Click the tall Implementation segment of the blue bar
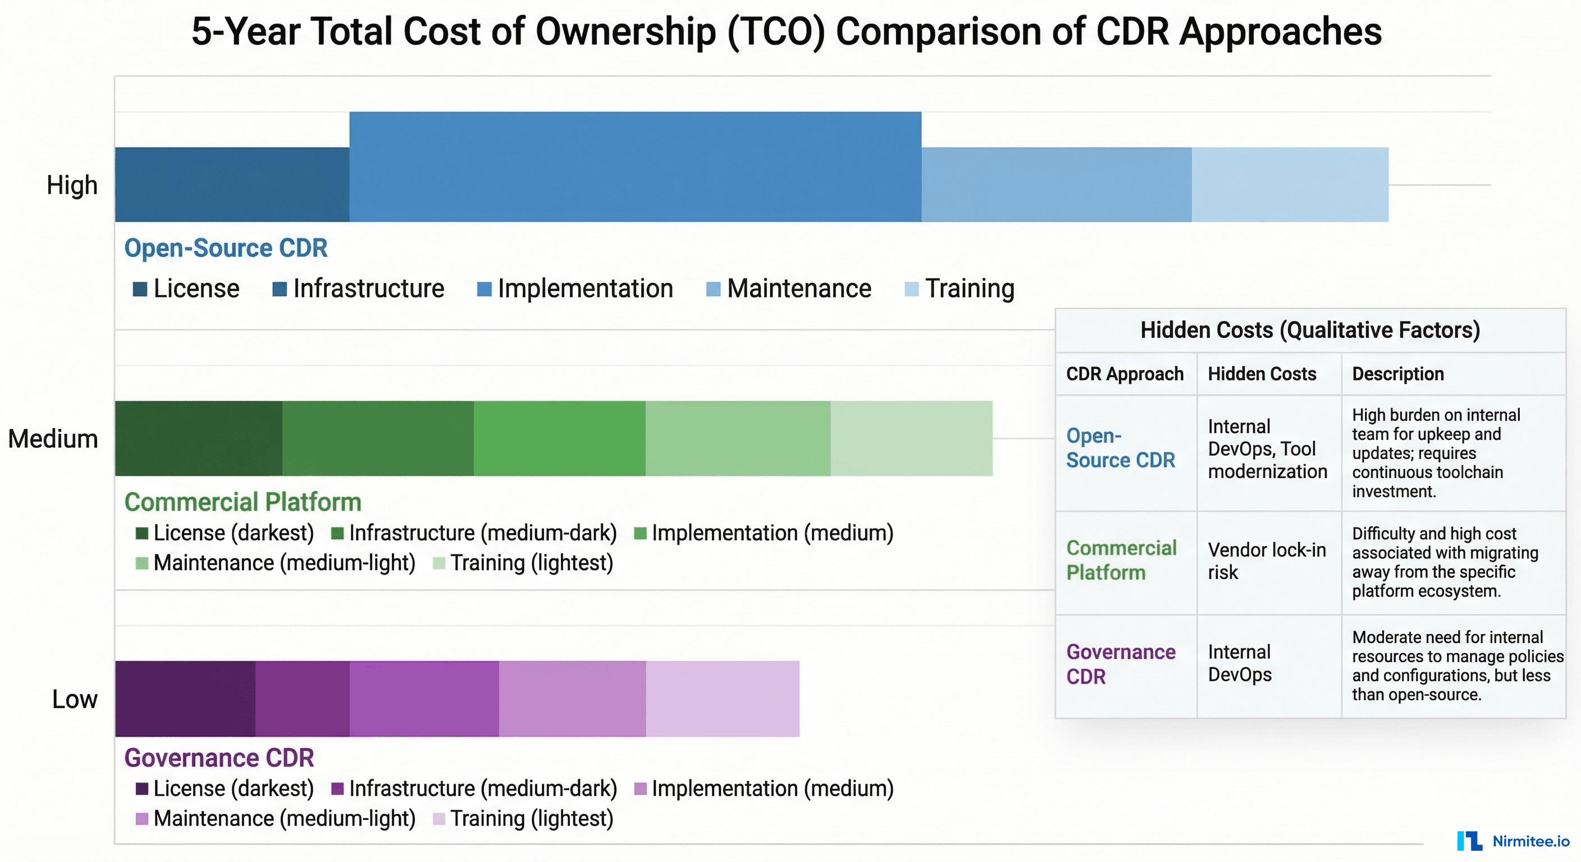(635, 166)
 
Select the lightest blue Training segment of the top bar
(1290, 184)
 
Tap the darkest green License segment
(198, 438)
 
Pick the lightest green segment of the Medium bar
(911, 438)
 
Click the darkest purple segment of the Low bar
(185, 698)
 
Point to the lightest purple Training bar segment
(723, 698)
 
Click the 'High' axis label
(72, 185)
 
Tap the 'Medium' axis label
(53, 439)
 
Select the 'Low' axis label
(74, 699)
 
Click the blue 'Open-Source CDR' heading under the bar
(225, 248)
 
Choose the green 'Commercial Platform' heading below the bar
(243, 502)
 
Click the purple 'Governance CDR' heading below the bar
(218, 758)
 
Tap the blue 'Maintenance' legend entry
(789, 288)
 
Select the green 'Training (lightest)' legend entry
(523, 562)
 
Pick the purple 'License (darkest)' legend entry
(225, 788)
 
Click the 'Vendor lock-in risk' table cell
(1266, 561)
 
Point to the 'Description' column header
(1397, 374)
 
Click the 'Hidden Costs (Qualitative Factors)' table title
(1310, 330)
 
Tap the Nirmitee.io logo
(1513, 841)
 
